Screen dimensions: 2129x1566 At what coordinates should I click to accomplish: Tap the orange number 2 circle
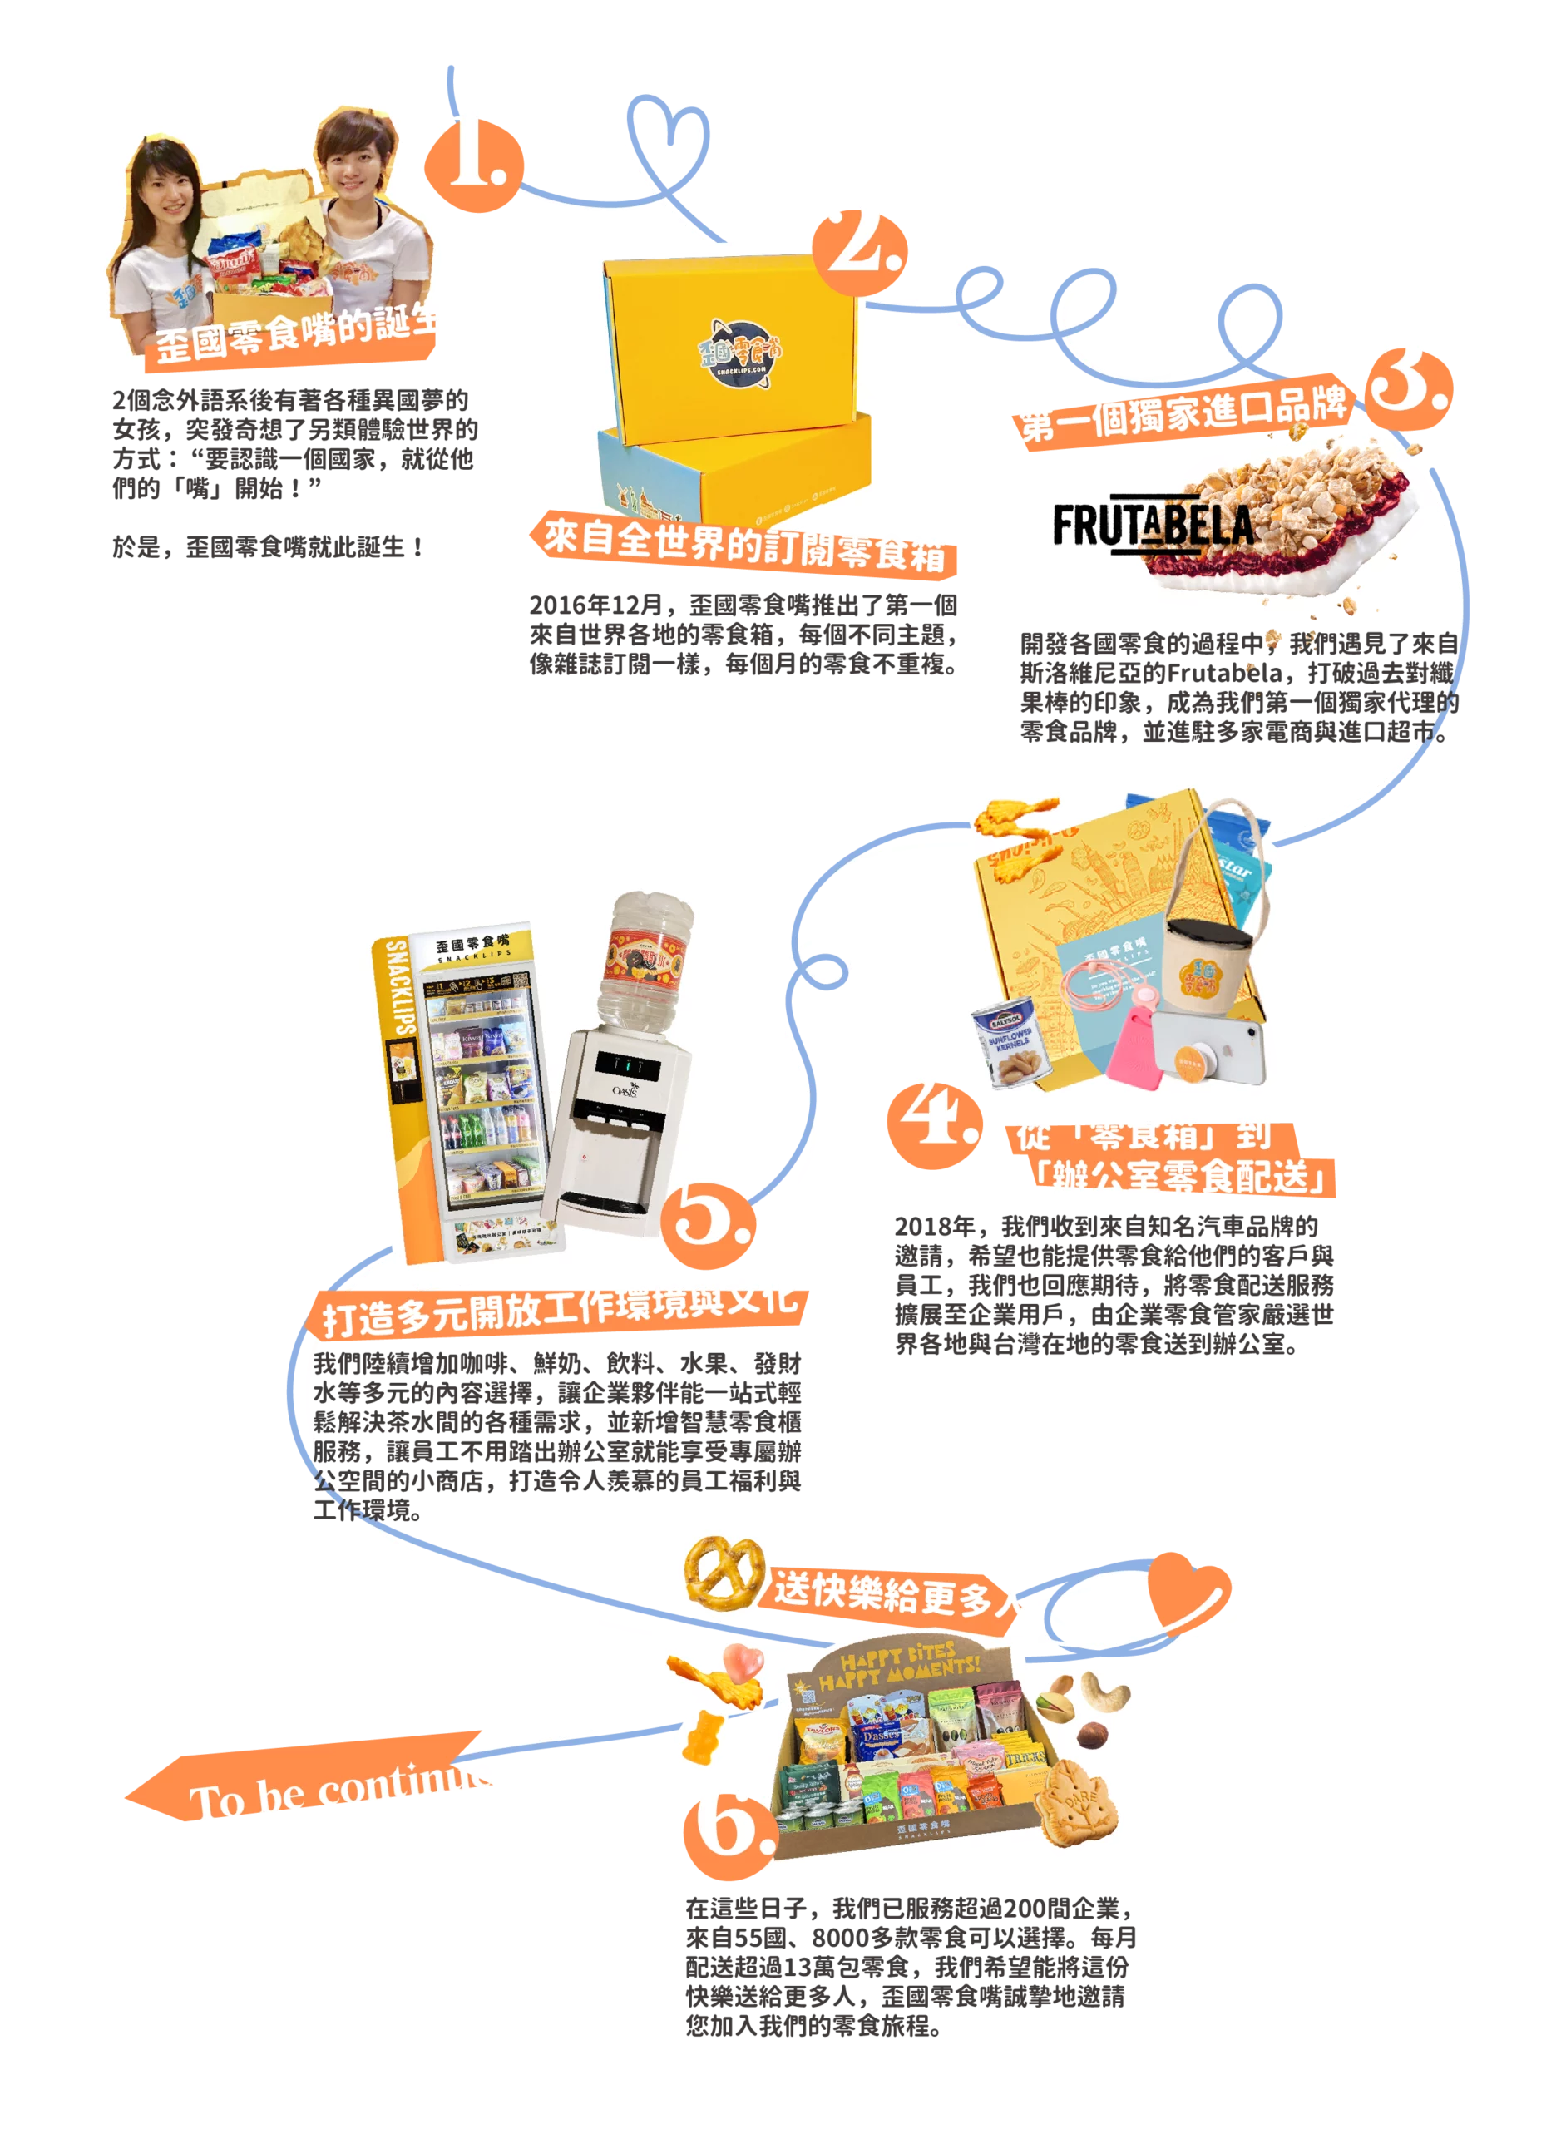pyautogui.click(x=862, y=250)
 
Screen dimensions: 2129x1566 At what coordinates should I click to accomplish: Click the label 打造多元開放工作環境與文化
pyautogui.click(x=557, y=1311)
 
